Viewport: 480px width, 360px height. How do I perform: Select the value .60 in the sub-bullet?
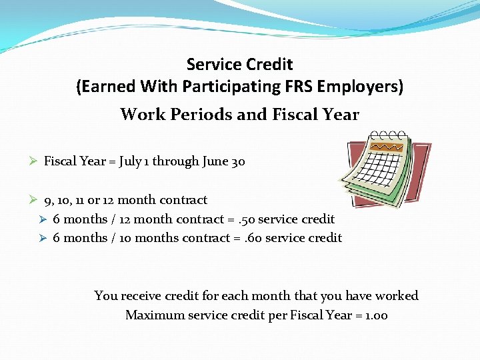coord(252,238)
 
